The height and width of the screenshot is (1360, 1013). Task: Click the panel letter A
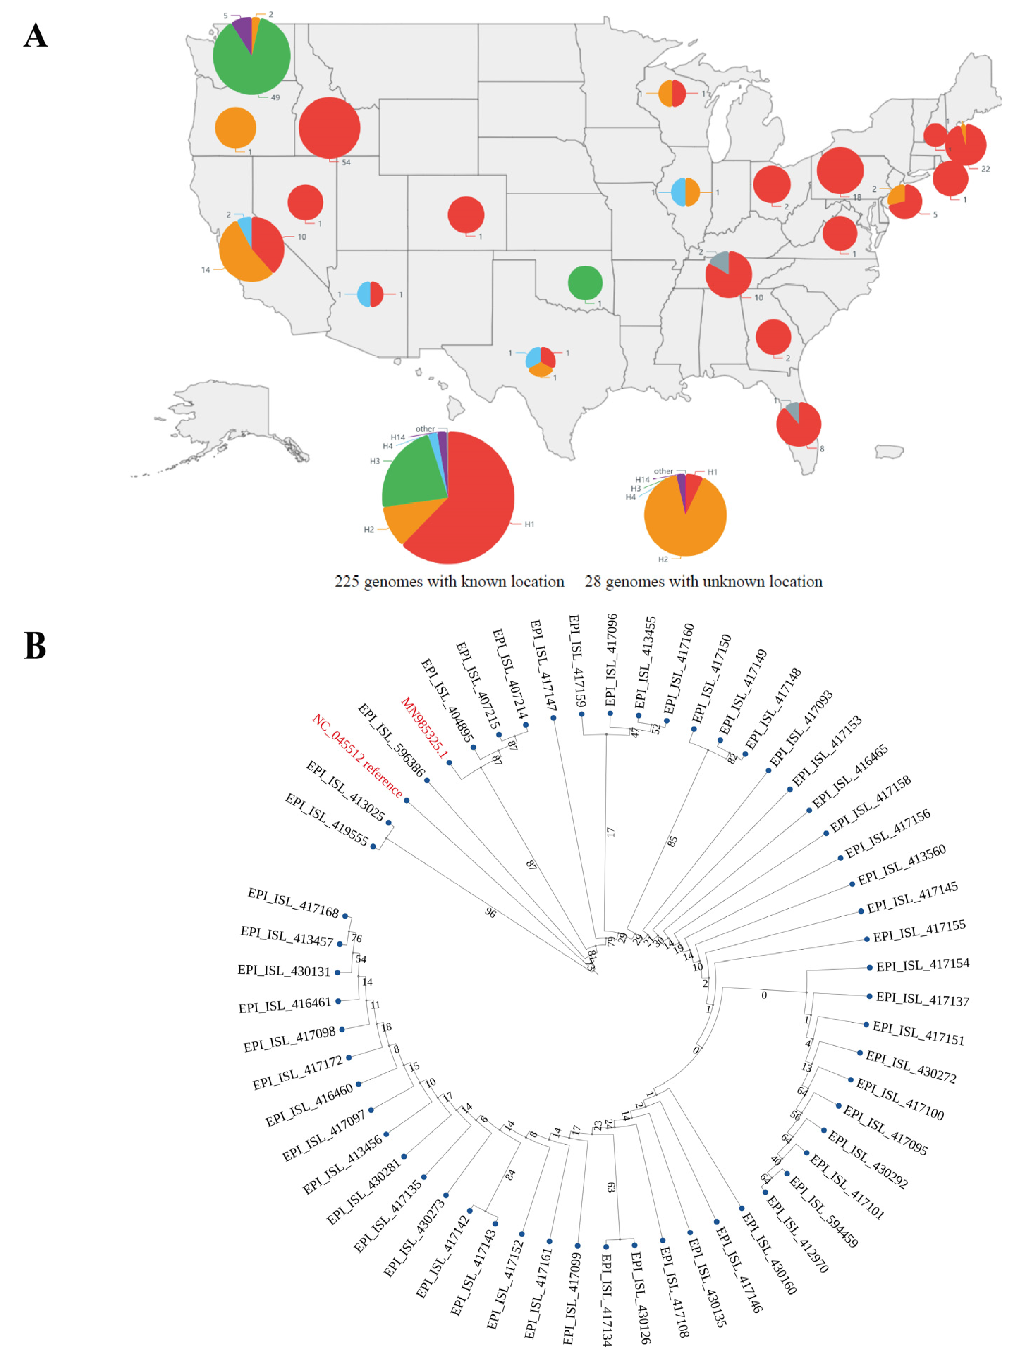[36, 36]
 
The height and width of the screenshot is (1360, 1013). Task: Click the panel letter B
[35, 646]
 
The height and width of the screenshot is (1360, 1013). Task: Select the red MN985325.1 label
[424, 727]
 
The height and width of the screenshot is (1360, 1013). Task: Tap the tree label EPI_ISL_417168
[293, 903]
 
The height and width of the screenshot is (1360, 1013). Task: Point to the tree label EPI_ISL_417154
[923, 964]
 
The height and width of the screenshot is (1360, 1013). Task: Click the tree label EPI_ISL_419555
[327, 819]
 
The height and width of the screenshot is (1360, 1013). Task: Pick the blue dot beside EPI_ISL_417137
[869, 996]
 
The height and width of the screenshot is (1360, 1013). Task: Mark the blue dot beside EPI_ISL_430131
[337, 972]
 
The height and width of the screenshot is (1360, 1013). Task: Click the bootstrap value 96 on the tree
[490, 913]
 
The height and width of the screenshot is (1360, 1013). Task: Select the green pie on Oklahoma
[585, 283]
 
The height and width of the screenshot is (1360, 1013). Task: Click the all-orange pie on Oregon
[236, 128]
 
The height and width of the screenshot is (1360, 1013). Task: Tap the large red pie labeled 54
[329, 128]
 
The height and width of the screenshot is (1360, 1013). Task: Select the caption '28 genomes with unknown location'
[703, 581]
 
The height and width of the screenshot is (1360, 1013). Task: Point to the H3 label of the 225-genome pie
[375, 461]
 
